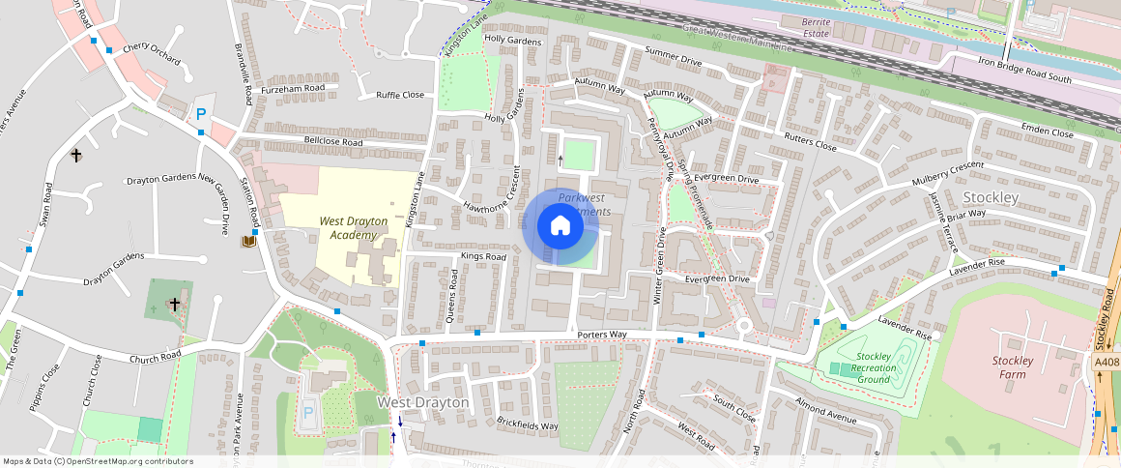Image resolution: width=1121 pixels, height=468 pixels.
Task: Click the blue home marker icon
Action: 560,226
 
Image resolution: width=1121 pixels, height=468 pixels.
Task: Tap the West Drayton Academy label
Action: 354,228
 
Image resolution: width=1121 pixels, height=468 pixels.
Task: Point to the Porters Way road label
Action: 602,335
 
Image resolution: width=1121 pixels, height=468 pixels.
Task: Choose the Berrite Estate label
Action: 803,26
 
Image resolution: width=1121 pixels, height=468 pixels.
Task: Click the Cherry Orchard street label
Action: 153,52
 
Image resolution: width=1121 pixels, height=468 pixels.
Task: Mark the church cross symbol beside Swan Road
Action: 75,155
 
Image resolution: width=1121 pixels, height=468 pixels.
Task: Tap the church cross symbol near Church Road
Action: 175,304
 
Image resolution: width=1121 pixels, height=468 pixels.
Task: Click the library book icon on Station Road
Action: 248,241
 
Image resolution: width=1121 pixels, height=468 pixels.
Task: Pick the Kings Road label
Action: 483,257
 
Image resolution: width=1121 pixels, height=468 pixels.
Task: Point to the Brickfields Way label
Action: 527,425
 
